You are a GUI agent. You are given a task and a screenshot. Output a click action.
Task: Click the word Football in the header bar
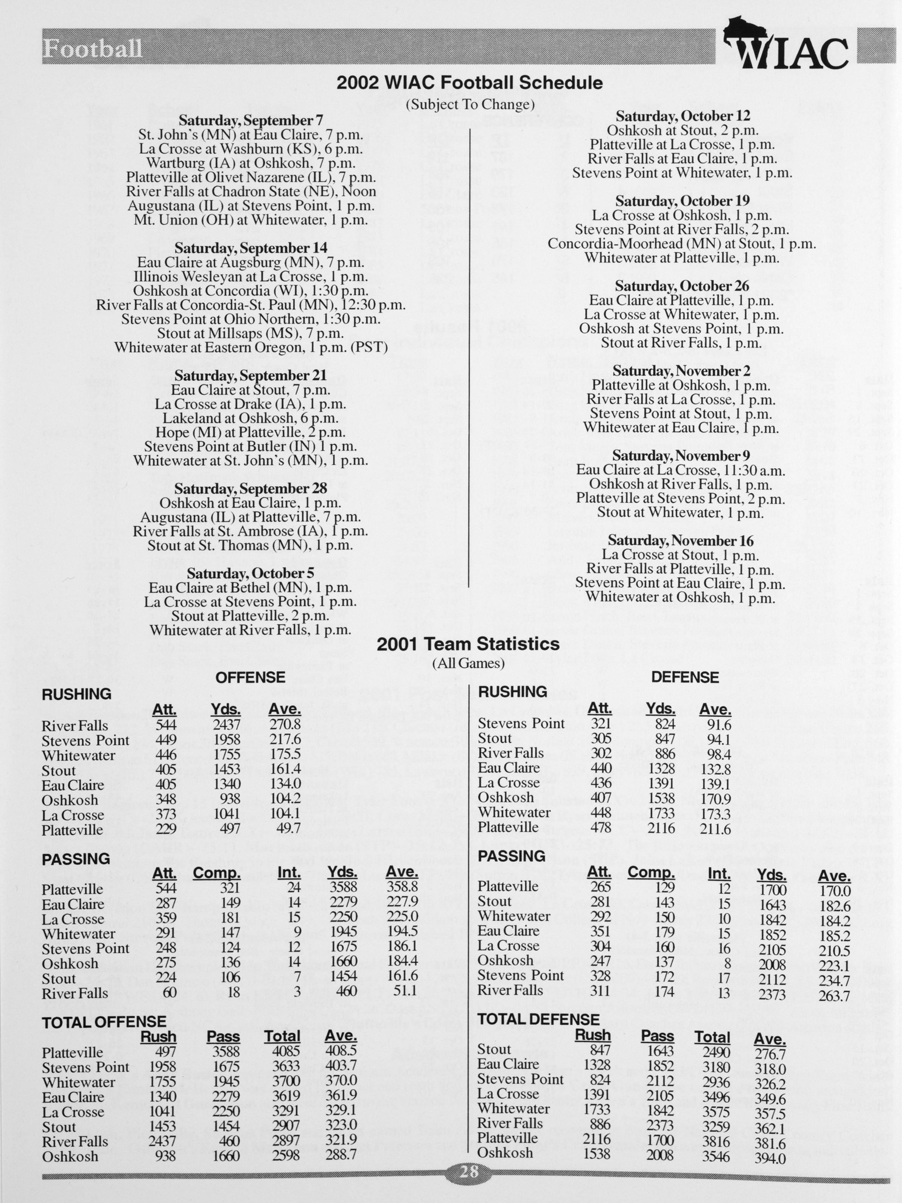tap(92, 49)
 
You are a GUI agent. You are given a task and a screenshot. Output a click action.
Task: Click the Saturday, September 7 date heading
tap(251, 120)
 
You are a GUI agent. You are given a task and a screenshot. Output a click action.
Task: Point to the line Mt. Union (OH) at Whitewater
tap(251, 220)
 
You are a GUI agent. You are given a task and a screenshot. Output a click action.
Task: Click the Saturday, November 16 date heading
tap(681, 541)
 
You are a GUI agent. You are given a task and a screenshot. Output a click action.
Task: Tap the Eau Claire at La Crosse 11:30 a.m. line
tap(681, 470)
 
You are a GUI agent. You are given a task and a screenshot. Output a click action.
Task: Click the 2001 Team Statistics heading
tap(468, 644)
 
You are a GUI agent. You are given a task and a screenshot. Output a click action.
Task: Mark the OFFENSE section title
tap(250, 677)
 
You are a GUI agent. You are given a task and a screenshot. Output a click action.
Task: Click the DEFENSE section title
tap(685, 677)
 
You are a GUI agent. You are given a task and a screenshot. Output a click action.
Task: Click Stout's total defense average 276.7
tap(770, 1054)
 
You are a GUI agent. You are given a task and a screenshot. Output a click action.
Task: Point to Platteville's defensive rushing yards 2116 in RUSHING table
tap(661, 828)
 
